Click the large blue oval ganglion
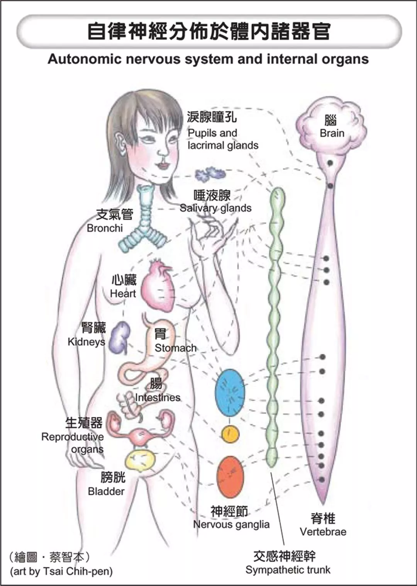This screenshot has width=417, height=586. click(x=230, y=392)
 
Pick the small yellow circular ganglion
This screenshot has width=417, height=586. click(x=230, y=434)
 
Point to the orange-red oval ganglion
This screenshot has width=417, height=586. click(x=230, y=477)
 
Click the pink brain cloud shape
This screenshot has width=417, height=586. click(x=331, y=124)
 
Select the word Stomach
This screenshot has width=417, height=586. click(x=175, y=348)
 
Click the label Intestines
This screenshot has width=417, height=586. click(x=158, y=397)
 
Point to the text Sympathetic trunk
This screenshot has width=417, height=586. click(x=288, y=570)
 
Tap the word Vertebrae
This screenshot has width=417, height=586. click(x=323, y=532)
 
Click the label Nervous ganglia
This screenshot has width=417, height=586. click(x=231, y=525)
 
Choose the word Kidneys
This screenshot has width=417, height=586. click(x=86, y=342)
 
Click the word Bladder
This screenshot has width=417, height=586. click(x=106, y=491)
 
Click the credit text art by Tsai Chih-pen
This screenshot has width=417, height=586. click(x=61, y=571)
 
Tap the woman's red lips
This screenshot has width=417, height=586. click(x=163, y=166)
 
